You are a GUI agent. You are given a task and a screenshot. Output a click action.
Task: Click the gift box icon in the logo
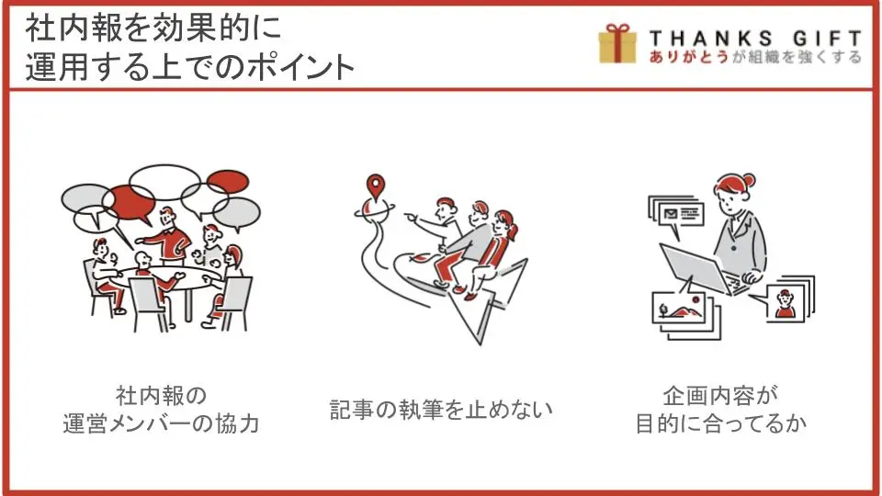click(617, 43)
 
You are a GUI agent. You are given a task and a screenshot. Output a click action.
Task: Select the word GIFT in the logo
click(828, 39)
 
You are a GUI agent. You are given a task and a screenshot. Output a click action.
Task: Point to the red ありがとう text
click(688, 57)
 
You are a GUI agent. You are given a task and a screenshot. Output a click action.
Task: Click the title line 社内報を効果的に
click(153, 28)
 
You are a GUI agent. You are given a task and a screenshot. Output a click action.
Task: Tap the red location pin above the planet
click(375, 186)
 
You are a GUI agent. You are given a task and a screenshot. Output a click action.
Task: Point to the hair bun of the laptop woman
click(749, 181)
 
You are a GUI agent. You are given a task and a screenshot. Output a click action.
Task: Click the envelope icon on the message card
click(671, 214)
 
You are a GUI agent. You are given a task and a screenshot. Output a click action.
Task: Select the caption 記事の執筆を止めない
click(441, 410)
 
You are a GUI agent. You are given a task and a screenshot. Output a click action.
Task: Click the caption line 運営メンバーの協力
click(161, 423)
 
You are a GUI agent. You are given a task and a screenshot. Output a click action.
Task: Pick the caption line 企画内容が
click(720, 396)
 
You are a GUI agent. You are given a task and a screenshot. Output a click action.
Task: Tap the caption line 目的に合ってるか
click(720, 423)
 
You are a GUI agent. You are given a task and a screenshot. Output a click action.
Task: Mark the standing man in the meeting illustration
click(167, 236)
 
